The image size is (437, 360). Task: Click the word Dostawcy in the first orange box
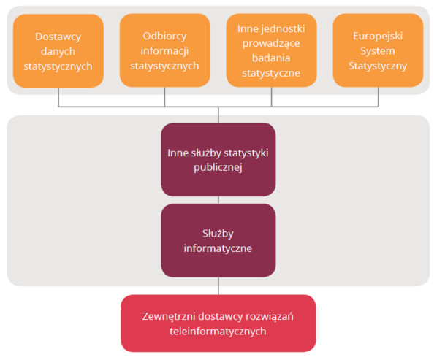tap(58, 37)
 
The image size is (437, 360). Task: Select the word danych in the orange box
tap(58, 52)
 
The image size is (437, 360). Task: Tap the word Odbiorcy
tap(164, 37)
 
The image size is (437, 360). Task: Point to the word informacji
tap(164, 51)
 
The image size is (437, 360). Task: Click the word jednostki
tap(283, 28)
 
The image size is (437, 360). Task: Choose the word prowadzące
tap(271, 44)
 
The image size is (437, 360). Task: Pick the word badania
tap(271, 58)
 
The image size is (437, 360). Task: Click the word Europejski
tap(378, 37)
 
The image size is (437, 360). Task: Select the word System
tap(378, 51)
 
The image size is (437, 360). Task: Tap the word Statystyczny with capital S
tap(378, 66)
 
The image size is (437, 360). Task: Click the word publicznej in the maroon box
tap(218, 168)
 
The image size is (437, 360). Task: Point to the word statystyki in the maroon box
tap(246, 153)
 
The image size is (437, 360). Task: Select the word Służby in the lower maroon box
tap(218, 234)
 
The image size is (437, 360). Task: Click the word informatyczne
tap(218, 248)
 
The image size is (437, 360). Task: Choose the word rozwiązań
tap(270, 317)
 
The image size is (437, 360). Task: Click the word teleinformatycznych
tap(218, 332)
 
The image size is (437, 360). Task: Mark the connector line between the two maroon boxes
tap(218, 200)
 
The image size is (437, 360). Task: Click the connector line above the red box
tap(218, 286)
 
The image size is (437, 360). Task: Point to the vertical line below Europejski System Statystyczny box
tap(379, 97)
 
